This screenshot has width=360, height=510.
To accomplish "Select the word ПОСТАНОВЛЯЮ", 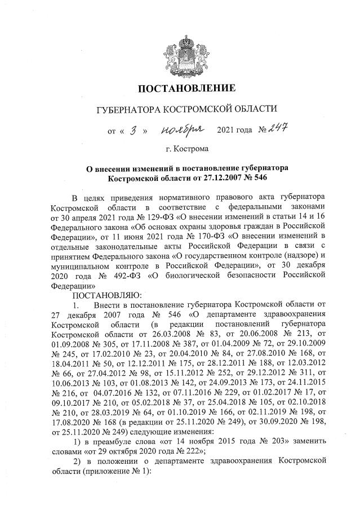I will point(99,295).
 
